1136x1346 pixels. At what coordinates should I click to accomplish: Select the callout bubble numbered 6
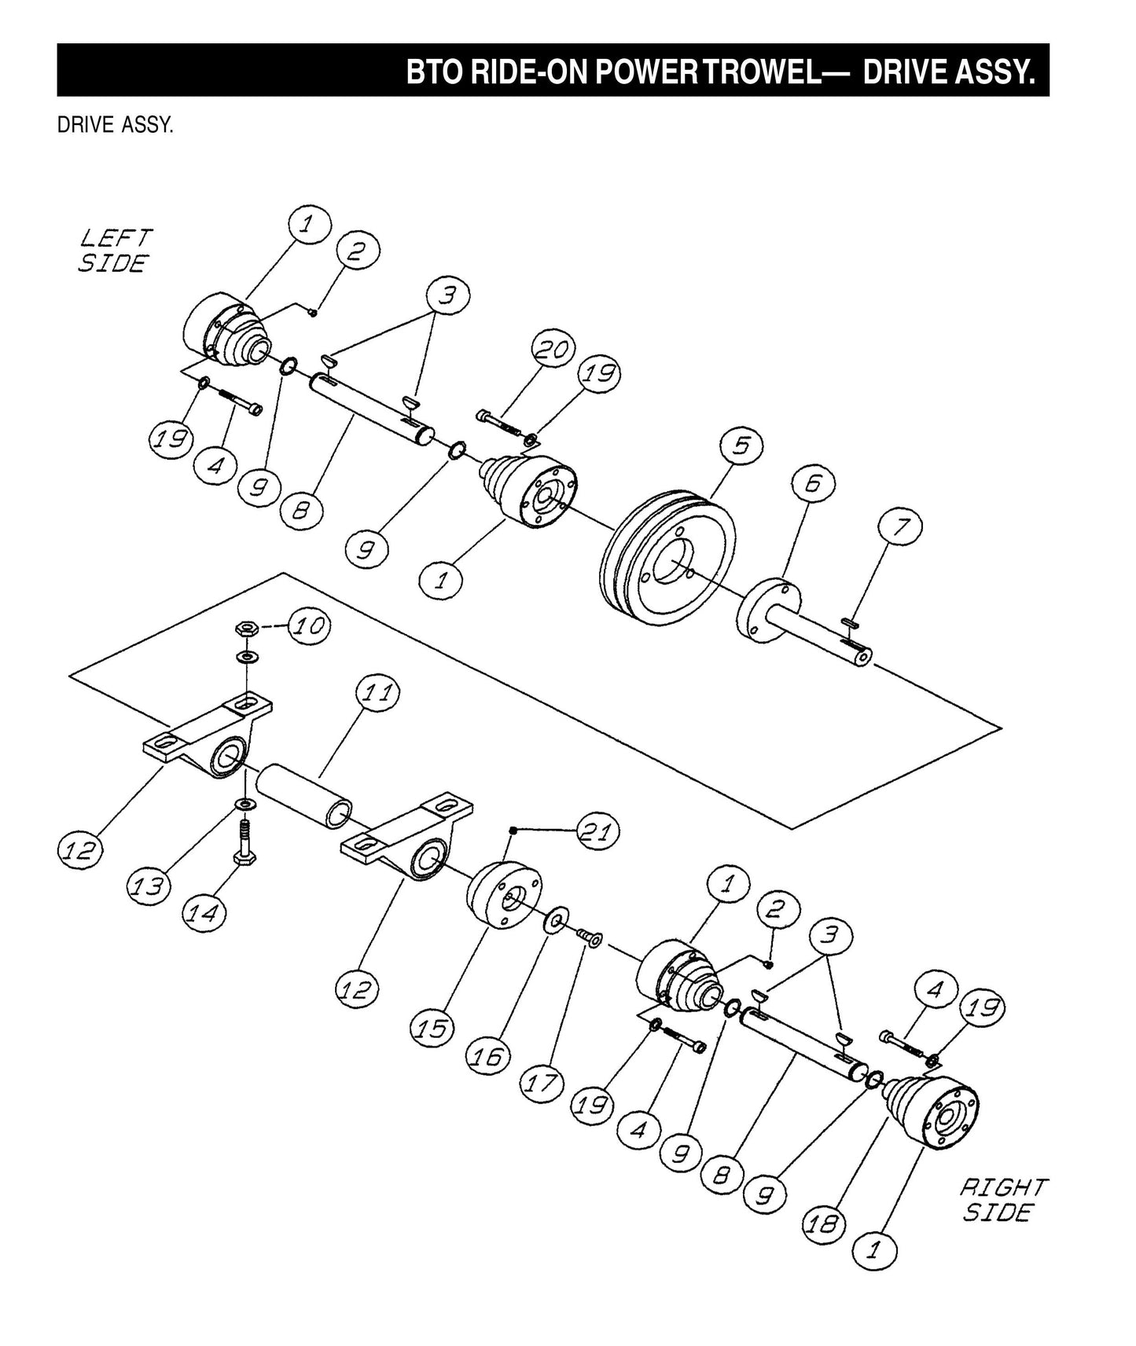click(813, 482)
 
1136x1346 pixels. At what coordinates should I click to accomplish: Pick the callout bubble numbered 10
click(309, 626)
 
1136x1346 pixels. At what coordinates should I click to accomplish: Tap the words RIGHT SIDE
click(1002, 1200)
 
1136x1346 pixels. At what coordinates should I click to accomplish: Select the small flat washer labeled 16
click(557, 919)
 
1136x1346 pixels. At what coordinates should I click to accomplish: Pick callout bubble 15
click(432, 1027)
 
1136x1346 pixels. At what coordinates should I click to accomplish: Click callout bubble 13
click(149, 887)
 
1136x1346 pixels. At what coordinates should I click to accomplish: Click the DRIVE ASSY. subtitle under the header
click(116, 126)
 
